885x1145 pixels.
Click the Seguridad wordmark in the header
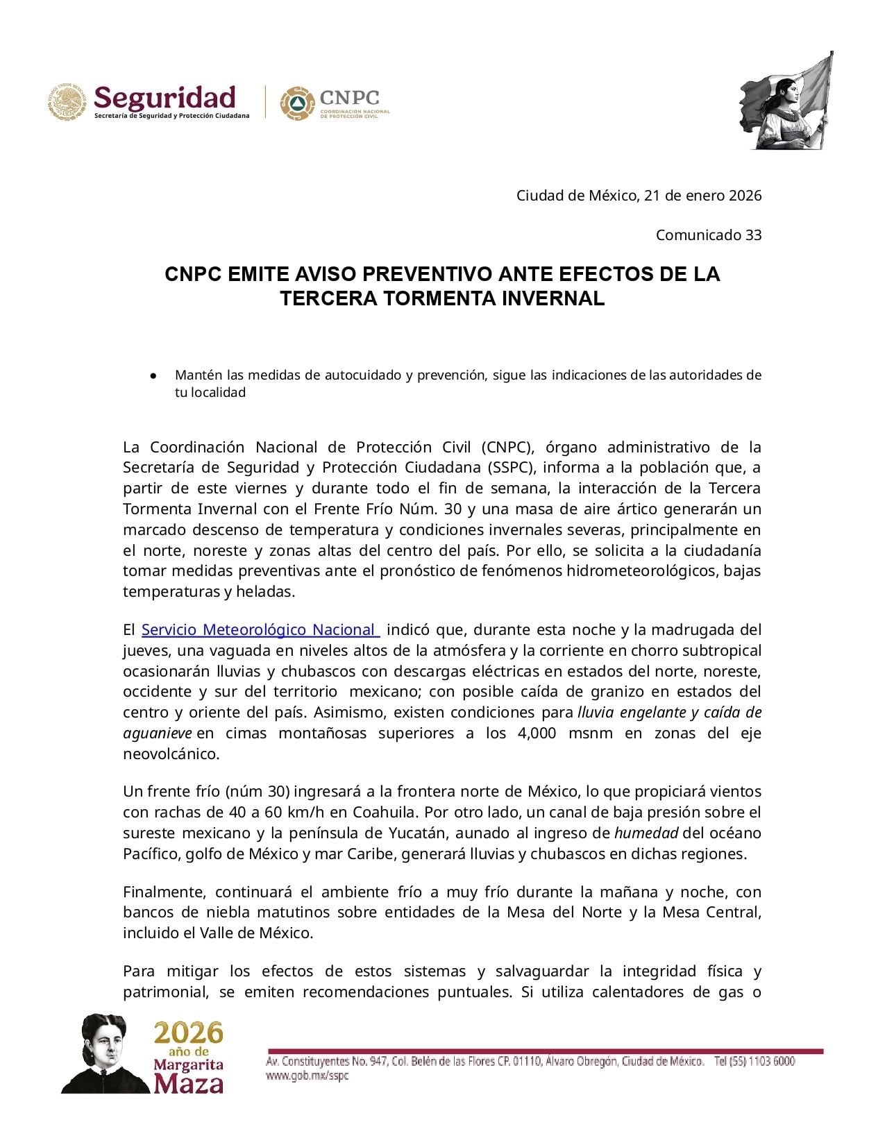(165, 97)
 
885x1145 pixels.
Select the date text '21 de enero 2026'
(702, 196)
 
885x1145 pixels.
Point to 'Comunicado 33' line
(709, 235)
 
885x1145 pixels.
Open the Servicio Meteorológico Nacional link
(260, 630)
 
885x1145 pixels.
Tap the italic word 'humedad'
(643, 833)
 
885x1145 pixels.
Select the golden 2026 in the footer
(189, 1033)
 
